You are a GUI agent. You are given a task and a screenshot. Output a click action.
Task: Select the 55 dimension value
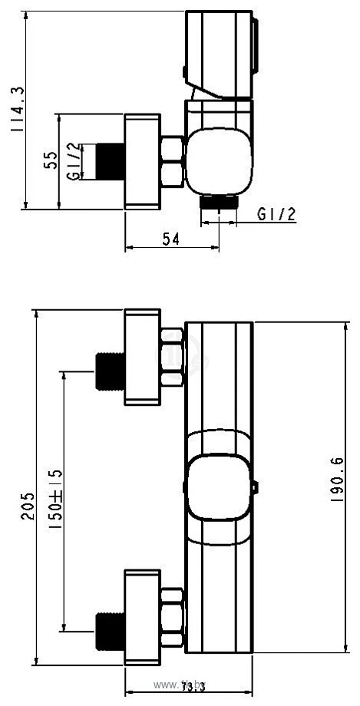pos(51,160)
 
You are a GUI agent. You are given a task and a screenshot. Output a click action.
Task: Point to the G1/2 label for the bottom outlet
pos(276,214)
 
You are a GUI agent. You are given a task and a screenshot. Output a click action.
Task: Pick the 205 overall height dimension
pos(27,506)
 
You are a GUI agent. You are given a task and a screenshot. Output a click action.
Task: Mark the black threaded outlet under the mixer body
pos(220,202)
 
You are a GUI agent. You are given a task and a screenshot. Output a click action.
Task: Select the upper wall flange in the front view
pos(143,357)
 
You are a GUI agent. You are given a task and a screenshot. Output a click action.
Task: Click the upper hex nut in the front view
pos(172,357)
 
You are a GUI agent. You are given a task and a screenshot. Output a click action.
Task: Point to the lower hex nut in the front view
pos(172,617)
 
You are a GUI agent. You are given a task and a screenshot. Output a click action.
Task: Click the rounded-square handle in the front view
pos(219,487)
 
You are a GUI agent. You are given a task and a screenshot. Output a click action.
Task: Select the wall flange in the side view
pos(143,161)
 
